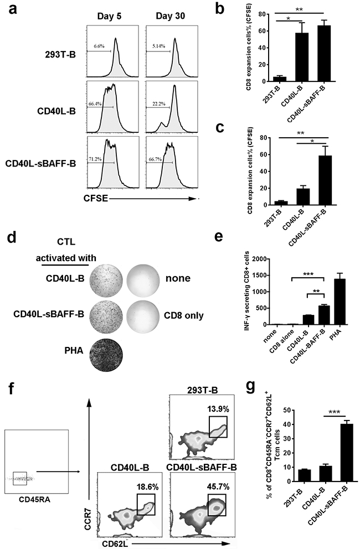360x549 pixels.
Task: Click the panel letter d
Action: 11,240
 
